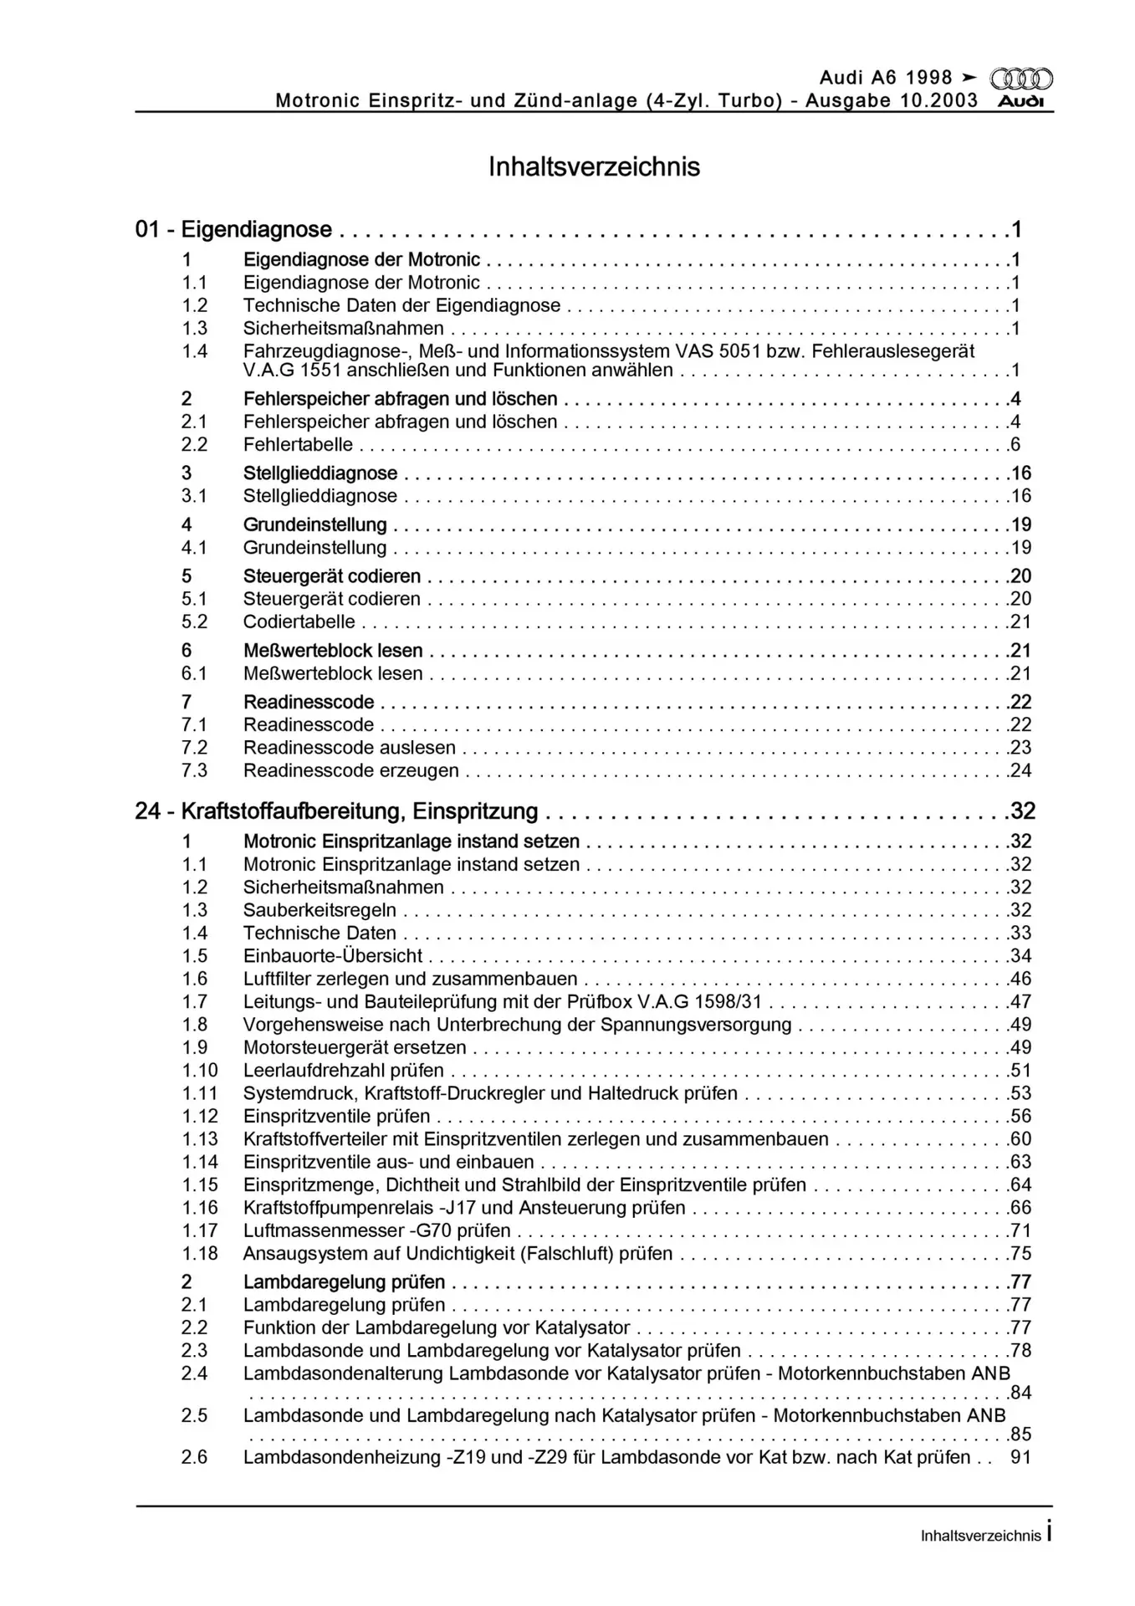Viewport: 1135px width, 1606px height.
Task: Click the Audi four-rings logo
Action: tap(1021, 79)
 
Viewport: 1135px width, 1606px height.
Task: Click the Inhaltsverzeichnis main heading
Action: tap(594, 166)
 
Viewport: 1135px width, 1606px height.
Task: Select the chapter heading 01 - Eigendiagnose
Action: tap(233, 229)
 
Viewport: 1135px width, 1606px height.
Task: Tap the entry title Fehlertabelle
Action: tap(298, 444)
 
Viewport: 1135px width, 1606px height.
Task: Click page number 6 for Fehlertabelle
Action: tap(1015, 444)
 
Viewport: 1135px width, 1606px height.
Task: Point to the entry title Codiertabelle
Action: tap(299, 621)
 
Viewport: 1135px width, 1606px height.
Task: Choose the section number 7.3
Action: tap(194, 770)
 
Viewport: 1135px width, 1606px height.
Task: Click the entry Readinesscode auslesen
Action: tap(349, 748)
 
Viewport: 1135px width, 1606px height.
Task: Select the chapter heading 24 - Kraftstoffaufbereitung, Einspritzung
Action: tap(336, 811)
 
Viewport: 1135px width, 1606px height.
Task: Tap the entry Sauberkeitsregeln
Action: tap(320, 910)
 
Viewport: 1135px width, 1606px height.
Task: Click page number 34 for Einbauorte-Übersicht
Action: tap(1020, 956)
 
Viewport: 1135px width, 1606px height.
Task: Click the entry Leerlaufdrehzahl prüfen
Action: tap(343, 1071)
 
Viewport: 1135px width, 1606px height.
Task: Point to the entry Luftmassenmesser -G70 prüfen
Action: tap(376, 1230)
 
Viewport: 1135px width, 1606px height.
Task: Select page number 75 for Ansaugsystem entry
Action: tap(1020, 1253)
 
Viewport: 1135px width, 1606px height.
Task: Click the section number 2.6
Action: tap(194, 1457)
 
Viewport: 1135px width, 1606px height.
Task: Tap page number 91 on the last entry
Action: tap(1020, 1457)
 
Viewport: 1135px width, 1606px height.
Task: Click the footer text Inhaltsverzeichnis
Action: tap(980, 1536)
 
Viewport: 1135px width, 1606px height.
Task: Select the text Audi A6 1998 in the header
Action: tap(886, 78)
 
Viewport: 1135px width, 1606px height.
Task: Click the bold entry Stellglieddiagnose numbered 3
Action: tap(320, 473)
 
